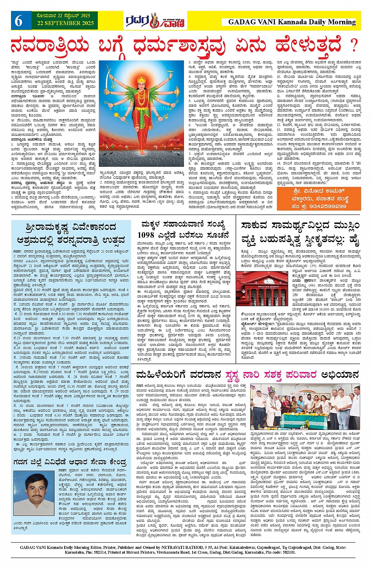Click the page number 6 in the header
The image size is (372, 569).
[x=19, y=21]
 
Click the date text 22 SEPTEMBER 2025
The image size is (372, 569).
[x=66, y=24]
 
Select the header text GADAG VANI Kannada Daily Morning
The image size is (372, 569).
[x=292, y=22]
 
